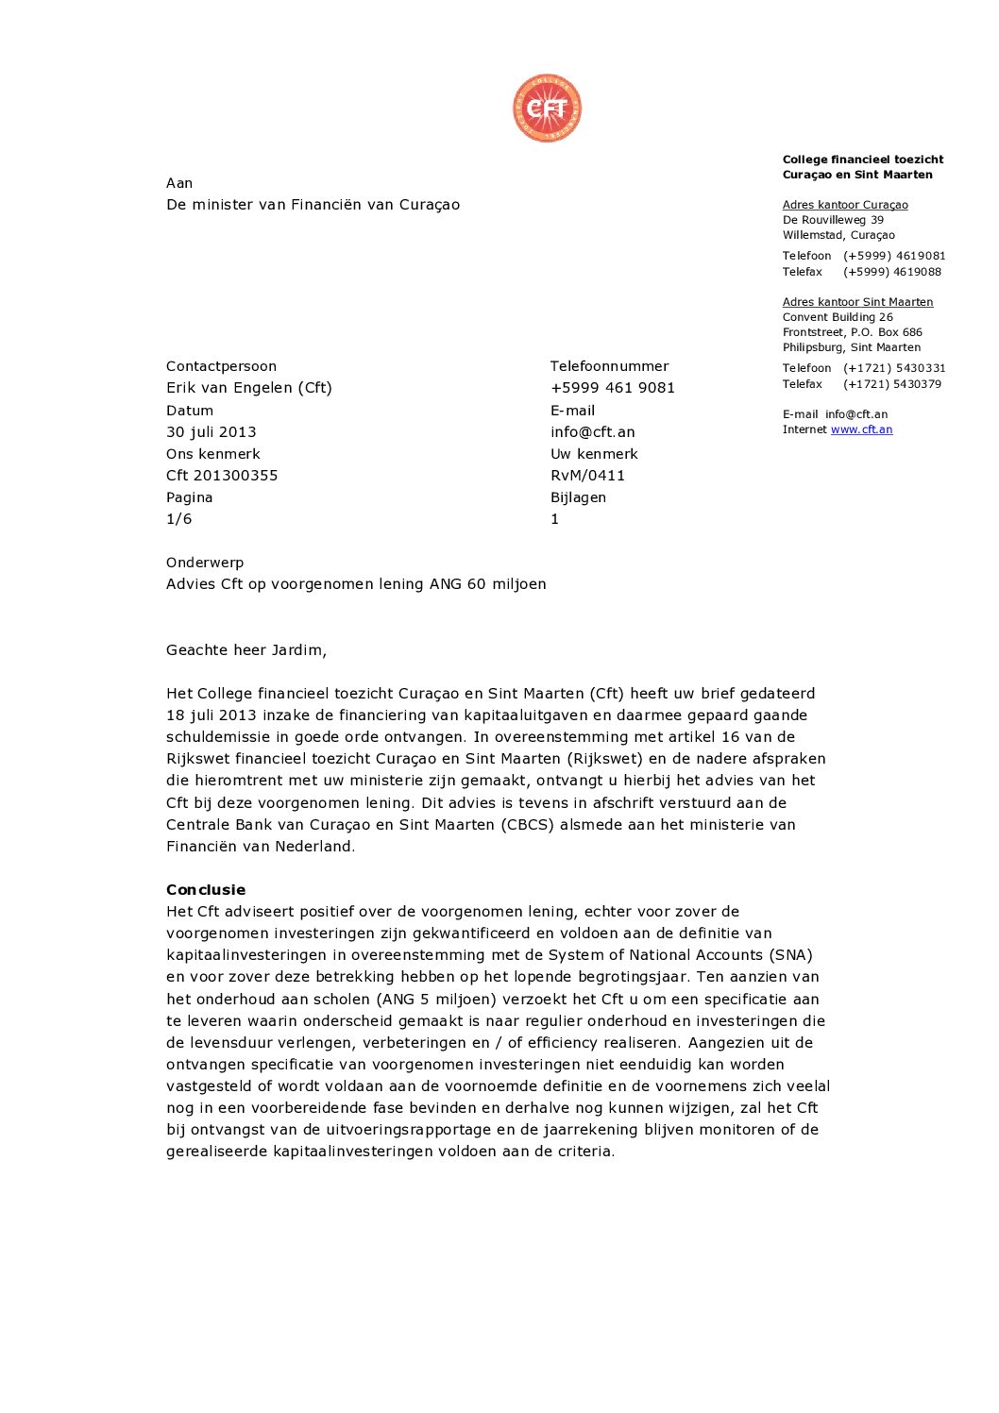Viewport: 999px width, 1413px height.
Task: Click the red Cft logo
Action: point(547,109)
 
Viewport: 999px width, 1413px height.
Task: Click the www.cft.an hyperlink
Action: point(861,429)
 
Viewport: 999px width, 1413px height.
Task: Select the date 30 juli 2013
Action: point(212,432)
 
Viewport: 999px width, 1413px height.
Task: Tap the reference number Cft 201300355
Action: point(222,476)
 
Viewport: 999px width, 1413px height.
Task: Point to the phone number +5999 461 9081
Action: point(613,388)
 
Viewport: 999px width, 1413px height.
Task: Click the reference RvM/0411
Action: point(587,476)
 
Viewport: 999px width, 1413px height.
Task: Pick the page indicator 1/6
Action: point(178,519)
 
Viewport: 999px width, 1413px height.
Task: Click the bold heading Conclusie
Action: point(206,890)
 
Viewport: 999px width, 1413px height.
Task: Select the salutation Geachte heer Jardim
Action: point(246,650)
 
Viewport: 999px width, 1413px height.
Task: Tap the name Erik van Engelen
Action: point(229,388)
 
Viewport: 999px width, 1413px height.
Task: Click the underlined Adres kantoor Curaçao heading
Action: point(845,205)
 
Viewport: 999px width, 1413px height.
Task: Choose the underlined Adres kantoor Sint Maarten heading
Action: point(857,302)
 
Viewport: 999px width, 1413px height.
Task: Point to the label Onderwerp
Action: point(205,563)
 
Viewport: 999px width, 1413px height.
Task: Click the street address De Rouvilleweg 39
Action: point(833,220)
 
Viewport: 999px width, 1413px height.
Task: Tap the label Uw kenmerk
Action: point(594,454)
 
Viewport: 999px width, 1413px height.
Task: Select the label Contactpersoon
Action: point(221,366)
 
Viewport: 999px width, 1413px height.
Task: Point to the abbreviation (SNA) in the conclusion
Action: point(790,955)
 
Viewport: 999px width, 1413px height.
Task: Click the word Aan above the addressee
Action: point(179,183)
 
